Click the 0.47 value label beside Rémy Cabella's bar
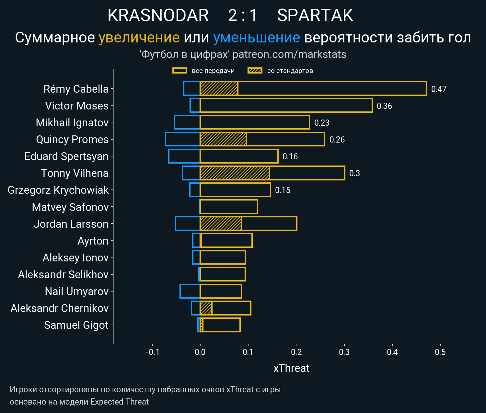pos(439,89)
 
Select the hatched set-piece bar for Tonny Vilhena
pos(235,173)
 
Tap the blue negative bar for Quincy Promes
pos(182,139)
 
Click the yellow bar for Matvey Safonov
pos(229,207)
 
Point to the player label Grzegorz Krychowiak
pos(58,190)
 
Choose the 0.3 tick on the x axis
pos(344,352)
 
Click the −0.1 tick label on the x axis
pos(152,352)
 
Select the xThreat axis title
pos(291,368)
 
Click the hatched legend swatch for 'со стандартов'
pos(255,71)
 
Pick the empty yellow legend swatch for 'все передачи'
pos(179,71)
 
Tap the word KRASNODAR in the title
pos(158,15)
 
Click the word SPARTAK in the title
pos(315,15)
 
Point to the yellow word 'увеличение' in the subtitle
pos(139,38)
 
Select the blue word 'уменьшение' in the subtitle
pos(257,38)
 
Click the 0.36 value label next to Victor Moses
pos(384,106)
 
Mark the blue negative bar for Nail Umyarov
pos(190,291)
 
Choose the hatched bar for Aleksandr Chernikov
pos(206,308)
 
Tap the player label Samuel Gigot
pos(76,325)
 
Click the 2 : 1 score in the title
pos(243,15)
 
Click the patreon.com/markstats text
pos(289,54)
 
